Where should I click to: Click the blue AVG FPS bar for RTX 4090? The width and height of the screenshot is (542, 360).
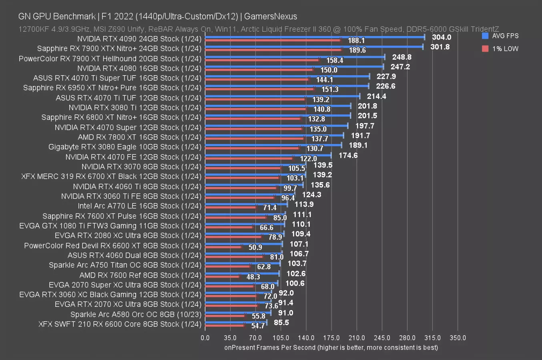click(x=315, y=37)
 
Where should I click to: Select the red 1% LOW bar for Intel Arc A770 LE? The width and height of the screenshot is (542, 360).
click(x=231, y=207)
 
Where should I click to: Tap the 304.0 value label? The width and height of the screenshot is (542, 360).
click(x=442, y=37)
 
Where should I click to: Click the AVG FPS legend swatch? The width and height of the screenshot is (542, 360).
click(x=485, y=36)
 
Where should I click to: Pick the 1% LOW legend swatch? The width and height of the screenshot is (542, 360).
click(x=485, y=48)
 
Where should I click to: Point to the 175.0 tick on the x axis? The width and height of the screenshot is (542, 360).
click(x=331, y=338)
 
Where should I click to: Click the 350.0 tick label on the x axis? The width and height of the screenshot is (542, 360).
click(x=458, y=338)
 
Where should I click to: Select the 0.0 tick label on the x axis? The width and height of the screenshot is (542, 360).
click(x=205, y=338)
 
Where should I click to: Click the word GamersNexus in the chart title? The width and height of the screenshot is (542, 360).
click(x=271, y=16)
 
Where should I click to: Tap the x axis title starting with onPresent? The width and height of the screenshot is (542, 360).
click(x=331, y=347)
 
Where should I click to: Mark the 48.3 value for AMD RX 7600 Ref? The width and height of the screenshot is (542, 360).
click(x=253, y=277)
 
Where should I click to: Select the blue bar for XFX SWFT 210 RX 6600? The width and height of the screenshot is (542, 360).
click(x=236, y=322)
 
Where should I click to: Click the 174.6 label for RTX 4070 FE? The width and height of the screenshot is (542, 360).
click(x=348, y=155)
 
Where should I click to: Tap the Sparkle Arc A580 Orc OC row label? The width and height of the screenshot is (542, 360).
click(x=136, y=314)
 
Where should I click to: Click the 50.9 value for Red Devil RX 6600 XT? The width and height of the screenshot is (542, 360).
click(x=255, y=247)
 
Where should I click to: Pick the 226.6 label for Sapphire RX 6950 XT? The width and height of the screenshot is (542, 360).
click(x=385, y=86)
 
